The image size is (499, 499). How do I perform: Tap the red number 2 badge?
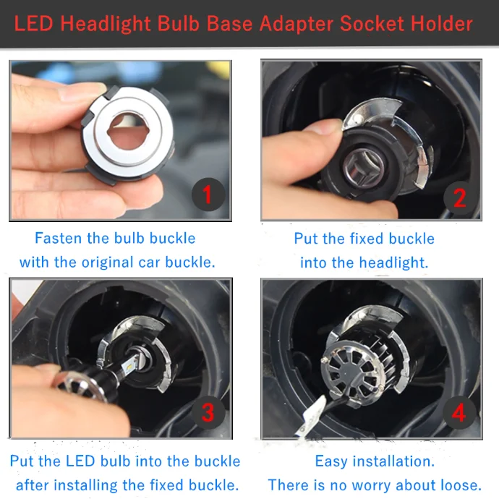pos(459,197)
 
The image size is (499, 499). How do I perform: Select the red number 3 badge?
pos(208,413)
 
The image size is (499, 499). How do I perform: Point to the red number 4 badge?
pos(459,413)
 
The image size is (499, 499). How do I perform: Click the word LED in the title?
pos(33,24)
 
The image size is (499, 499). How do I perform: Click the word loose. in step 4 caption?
pos(461,485)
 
